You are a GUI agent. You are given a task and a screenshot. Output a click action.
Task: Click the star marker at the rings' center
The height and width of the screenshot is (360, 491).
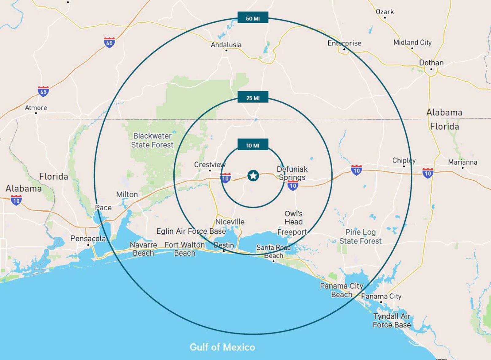(x=253, y=176)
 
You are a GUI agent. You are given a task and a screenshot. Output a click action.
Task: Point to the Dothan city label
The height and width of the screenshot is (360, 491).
(x=431, y=63)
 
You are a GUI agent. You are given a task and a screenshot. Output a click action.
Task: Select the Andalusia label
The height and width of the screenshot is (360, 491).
(x=226, y=45)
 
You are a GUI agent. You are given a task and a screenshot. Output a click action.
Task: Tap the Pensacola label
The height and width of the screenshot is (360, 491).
(x=88, y=239)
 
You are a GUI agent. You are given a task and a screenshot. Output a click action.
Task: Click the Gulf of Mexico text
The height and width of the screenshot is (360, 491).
(x=222, y=347)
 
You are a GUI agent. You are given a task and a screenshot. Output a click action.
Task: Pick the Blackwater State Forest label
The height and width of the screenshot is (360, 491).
(x=152, y=140)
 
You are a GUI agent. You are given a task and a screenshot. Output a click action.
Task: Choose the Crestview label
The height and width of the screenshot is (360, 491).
(x=210, y=165)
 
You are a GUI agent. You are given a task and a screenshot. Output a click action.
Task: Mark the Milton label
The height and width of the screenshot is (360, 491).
(x=127, y=194)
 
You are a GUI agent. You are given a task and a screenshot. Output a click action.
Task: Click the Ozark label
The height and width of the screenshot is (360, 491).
(x=385, y=12)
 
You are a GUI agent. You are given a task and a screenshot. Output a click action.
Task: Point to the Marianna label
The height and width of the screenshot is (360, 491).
(x=462, y=162)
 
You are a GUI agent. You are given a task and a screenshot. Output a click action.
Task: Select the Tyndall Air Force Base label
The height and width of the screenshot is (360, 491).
(x=392, y=320)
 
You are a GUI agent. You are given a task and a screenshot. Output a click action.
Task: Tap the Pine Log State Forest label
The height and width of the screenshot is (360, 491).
(x=361, y=236)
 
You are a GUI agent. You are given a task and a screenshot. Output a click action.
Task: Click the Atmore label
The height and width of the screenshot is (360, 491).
(x=36, y=108)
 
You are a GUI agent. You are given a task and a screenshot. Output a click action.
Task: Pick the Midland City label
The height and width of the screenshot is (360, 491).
(x=412, y=42)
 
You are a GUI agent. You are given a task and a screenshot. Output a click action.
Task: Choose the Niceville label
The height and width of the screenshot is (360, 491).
(x=230, y=222)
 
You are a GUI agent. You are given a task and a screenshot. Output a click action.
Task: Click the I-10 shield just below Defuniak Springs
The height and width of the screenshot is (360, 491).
(x=293, y=186)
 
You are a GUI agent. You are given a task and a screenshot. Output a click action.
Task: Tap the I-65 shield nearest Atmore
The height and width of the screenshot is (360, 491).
(x=43, y=91)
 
